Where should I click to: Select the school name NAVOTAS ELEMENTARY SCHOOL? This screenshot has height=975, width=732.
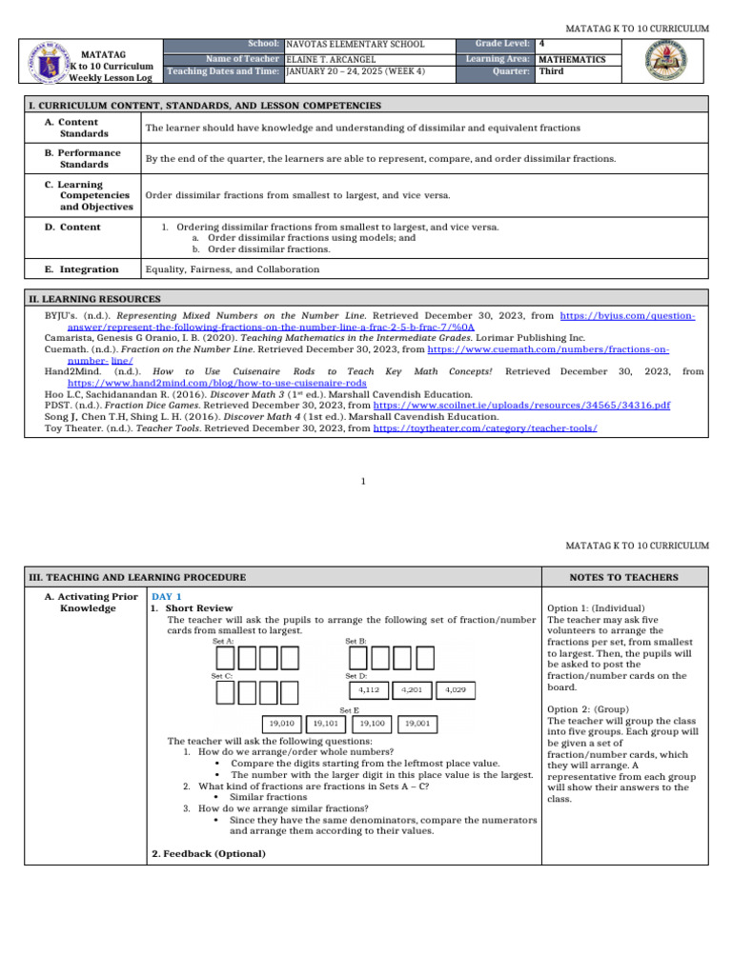(x=356, y=44)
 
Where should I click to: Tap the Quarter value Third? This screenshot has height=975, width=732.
(x=551, y=71)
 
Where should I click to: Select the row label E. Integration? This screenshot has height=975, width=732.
(x=82, y=269)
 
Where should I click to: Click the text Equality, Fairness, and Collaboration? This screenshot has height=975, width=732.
(x=232, y=269)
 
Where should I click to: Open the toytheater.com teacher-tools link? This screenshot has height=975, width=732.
(x=485, y=428)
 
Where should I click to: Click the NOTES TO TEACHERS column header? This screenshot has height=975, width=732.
(x=624, y=577)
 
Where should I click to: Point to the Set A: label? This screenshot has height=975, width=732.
(x=223, y=641)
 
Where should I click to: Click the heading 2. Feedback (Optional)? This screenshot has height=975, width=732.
(x=209, y=853)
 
